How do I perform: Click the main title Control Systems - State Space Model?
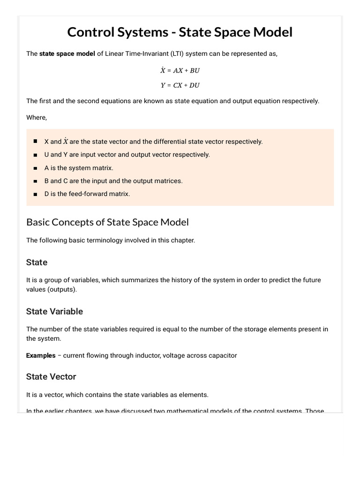pos(180,32)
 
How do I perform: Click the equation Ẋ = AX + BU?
pos(180,71)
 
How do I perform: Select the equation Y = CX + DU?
pos(180,85)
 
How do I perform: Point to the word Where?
pos(37,117)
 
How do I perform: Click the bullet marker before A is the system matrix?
pos(36,167)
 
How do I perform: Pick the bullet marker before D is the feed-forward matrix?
pos(36,194)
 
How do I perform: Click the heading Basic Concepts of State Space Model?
pos(107,222)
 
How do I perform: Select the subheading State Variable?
pos(54,311)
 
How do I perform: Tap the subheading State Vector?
pos(51,376)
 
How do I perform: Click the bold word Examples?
pos(41,355)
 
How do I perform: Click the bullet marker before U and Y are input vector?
pos(36,154)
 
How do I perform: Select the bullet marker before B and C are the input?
pos(36,180)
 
